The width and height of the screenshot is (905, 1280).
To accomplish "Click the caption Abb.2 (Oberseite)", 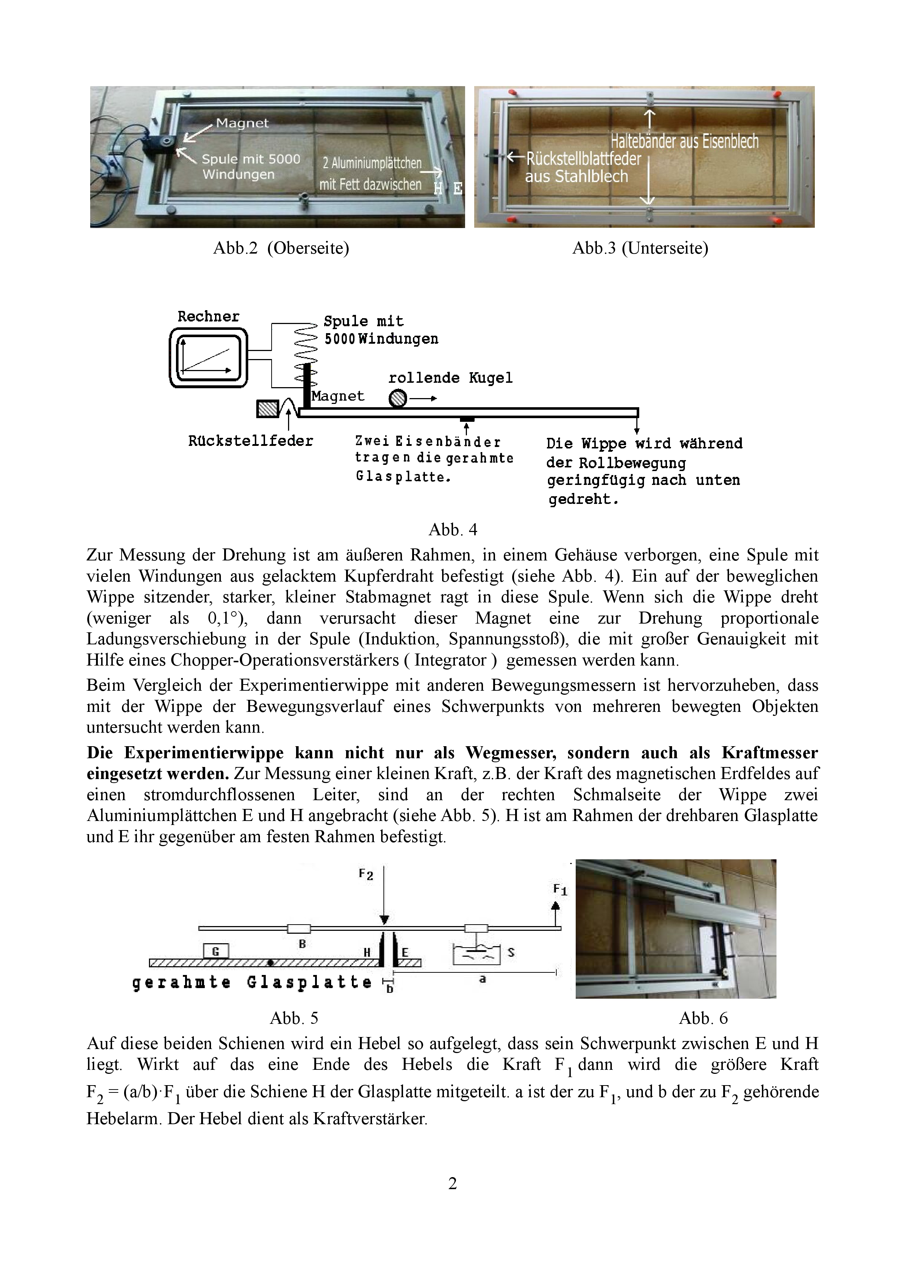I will coord(281,248).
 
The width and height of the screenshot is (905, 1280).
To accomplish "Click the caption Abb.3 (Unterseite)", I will coord(640,248).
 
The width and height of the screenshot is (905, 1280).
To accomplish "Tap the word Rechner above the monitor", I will coord(208,317).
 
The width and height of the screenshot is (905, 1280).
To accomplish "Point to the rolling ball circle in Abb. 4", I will coord(398,398).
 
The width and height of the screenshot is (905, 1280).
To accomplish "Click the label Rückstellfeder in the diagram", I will coord(250,441).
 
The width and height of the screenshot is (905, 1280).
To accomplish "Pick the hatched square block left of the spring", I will coord(267,409).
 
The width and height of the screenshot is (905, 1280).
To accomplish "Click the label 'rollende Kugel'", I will coord(450,378).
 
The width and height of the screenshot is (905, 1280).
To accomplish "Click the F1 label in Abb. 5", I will coord(560,890).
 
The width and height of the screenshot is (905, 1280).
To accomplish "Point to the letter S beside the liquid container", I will coord(511,953).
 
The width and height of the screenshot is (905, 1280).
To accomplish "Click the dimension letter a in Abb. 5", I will coord(483,979).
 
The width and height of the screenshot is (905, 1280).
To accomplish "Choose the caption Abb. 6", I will coord(703,1018).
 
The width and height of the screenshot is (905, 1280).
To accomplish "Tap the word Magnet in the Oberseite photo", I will coord(242,123).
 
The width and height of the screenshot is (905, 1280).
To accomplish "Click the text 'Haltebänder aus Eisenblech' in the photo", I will coord(684,142).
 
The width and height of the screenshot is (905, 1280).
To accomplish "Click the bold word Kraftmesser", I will coord(770,753).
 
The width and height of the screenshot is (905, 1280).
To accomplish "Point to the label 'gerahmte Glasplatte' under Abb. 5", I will coord(252,982).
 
